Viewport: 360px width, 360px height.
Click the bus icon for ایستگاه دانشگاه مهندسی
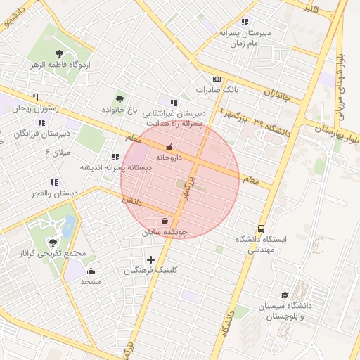[262, 229]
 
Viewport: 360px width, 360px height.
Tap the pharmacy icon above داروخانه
[168, 148]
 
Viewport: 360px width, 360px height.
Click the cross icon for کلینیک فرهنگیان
[150, 259]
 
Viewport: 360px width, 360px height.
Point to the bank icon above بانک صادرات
[217, 79]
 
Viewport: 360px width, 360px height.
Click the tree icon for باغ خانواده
[120, 99]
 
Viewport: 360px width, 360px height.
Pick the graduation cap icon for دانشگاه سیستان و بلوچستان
[285, 295]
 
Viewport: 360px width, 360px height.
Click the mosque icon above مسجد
[90, 271]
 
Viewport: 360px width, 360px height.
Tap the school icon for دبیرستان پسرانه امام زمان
[245, 22]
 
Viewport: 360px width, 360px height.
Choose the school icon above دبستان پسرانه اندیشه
[115, 157]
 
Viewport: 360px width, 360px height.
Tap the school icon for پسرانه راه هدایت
[174, 103]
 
